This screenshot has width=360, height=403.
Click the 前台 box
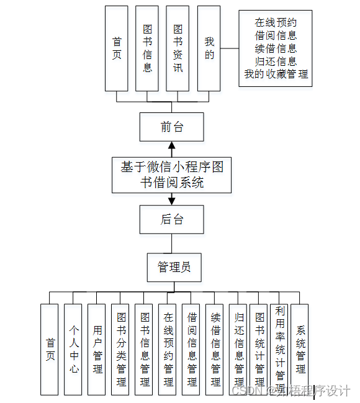tap(171, 127)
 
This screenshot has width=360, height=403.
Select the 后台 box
tap(171, 220)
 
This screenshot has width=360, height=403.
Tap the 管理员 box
tap(173, 267)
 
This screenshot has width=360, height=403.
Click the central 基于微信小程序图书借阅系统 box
tap(172, 174)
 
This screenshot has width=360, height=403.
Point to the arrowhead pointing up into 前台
tap(172, 147)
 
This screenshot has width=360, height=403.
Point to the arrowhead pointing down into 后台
tap(172, 200)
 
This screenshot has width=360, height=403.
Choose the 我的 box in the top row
tap(209, 48)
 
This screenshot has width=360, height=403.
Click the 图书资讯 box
tap(178, 48)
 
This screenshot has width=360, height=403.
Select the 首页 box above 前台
tap(117, 48)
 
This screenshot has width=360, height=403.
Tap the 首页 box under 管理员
tap(50, 349)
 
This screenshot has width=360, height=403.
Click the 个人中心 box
tap(73, 349)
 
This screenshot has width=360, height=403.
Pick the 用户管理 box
tap(97, 349)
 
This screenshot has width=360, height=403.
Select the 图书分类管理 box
tap(120, 349)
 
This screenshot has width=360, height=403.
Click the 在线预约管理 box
tap(167, 349)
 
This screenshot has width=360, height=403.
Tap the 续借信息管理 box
tap(214, 349)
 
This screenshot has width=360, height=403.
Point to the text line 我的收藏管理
tap(276, 75)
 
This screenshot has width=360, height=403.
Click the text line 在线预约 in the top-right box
tap(276, 23)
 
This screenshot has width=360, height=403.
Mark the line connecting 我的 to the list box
tap(230, 48)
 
